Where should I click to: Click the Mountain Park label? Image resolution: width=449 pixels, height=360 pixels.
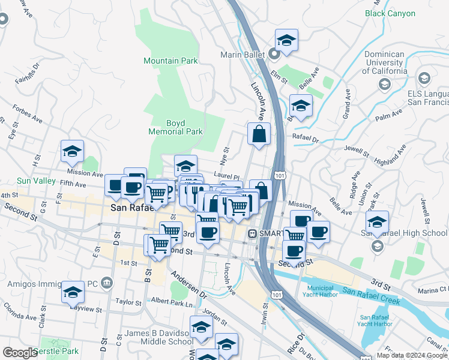170,61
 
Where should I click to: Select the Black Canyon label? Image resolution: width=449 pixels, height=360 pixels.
390,13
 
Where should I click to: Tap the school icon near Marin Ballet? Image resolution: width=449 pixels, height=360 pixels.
286,41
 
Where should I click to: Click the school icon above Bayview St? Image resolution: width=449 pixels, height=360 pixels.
73,292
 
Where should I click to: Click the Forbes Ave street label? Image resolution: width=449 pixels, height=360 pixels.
28,114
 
